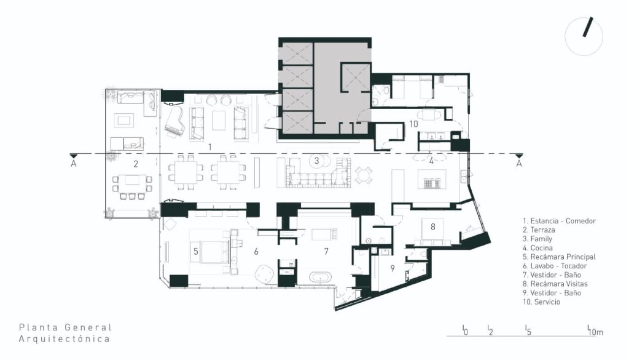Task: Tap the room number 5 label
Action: click(x=196, y=252)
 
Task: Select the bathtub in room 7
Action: click(x=320, y=278)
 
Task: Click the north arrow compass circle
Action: click(x=584, y=36)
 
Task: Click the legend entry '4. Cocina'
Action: click(x=537, y=248)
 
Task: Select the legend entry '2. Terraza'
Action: click(x=539, y=230)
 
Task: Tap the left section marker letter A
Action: click(x=74, y=164)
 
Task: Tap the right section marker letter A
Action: click(x=519, y=164)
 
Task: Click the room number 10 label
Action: click(x=413, y=124)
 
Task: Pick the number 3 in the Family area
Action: click(x=316, y=161)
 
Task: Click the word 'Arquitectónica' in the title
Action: click(x=64, y=338)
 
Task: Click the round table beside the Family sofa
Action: click(x=364, y=175)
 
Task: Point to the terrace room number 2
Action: click(x=136, y=164)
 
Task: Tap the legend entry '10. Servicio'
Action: click(x=541, y=302)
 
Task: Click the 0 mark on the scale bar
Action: click(x=465, y=330)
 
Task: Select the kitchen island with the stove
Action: click(x=432, y=179)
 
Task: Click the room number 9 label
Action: click(x=393, y=268)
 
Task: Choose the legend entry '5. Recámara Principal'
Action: click(x=559, y=257)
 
